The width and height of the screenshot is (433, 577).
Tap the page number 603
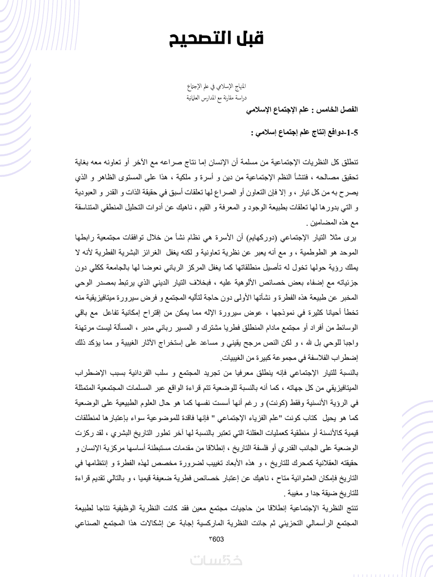pos(217,539)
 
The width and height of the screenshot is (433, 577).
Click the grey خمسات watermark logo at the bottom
pos(216,561)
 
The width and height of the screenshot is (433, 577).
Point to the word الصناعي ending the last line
pos(88,524)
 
